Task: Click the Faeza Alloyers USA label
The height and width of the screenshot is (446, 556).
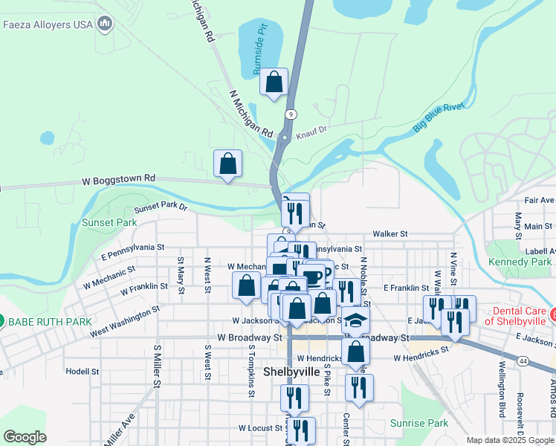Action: tap(48, 24)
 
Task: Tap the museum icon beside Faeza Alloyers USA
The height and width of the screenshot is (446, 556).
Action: tap(104, 24)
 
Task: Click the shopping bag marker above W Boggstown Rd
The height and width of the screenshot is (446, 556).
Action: tap(227, 164)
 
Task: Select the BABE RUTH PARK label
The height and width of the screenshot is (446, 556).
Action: tap(49, 322)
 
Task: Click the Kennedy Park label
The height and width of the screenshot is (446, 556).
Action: tap(520, 262)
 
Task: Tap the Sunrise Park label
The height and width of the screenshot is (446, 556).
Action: tap(419, 423)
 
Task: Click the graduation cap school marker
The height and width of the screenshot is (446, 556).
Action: tap(356, 320)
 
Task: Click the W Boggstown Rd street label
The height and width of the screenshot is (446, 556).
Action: tap(118, 179)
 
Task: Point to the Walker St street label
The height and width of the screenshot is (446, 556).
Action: tap(391, 233)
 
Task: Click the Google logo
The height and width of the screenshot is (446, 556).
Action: tap(25, 437)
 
